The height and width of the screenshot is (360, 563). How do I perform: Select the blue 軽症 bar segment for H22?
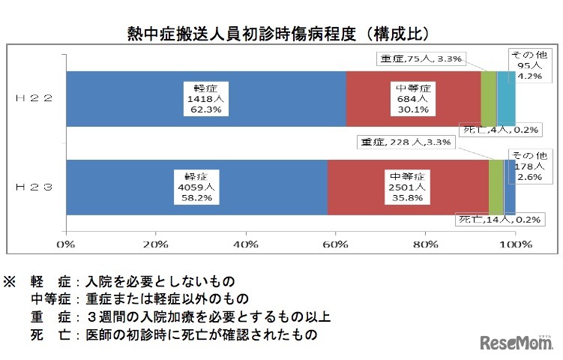[206, 98]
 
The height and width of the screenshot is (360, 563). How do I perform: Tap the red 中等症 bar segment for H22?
[413, 98]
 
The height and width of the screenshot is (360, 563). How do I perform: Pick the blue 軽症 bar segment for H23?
[196, 187]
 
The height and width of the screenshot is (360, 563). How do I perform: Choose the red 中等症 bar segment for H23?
[408, 187]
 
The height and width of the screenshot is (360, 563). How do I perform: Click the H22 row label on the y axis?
[35, 98]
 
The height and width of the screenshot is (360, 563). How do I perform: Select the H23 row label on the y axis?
[35, 187]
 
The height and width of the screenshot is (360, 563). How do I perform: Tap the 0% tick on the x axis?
[67, 244]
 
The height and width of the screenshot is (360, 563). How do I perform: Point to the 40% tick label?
[246, 244]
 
